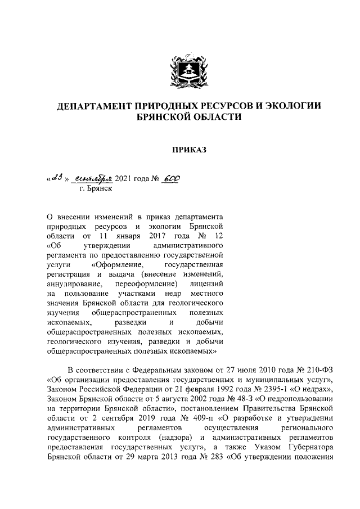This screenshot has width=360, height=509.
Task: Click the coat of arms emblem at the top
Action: pyautogui.click(x=186, y=72)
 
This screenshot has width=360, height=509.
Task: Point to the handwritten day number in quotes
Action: pyautogui.click(x=56, y=179)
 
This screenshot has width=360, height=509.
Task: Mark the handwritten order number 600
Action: pyautogui.click(x=173, y=179)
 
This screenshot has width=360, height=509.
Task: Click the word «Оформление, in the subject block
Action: pyautogui.click(x=120, y=264)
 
